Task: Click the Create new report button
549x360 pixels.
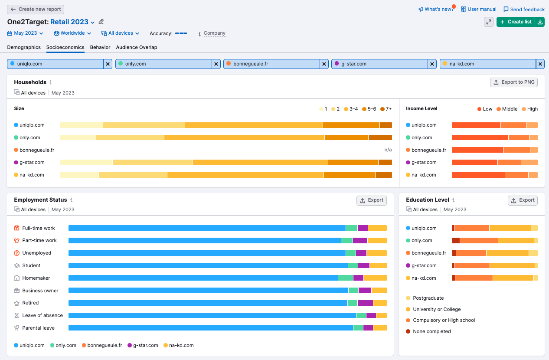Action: [36, 9]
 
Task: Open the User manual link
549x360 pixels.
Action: [478, 9]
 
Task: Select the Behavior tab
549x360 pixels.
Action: [100, 47]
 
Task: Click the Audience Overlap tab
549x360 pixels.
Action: [137, 47]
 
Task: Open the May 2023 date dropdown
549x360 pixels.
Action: [25, 33]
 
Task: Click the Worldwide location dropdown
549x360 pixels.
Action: [72, 33]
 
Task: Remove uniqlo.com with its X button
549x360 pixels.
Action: [108, 64]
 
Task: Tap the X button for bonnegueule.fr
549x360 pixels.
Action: [324, 64]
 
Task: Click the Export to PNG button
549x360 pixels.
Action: [514, 82]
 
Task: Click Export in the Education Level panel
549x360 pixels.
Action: [523, 200]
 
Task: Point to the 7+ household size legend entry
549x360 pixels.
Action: [386, 109]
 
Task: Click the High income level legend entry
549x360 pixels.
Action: [529, 109]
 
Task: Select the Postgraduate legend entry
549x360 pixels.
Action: [428, 298]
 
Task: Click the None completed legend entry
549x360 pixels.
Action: [431, 331]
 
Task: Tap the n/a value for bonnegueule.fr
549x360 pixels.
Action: [388, 150]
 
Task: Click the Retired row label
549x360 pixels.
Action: [30, 303]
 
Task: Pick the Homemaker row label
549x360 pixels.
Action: [36, 278]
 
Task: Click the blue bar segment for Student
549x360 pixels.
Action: [208, 265]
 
